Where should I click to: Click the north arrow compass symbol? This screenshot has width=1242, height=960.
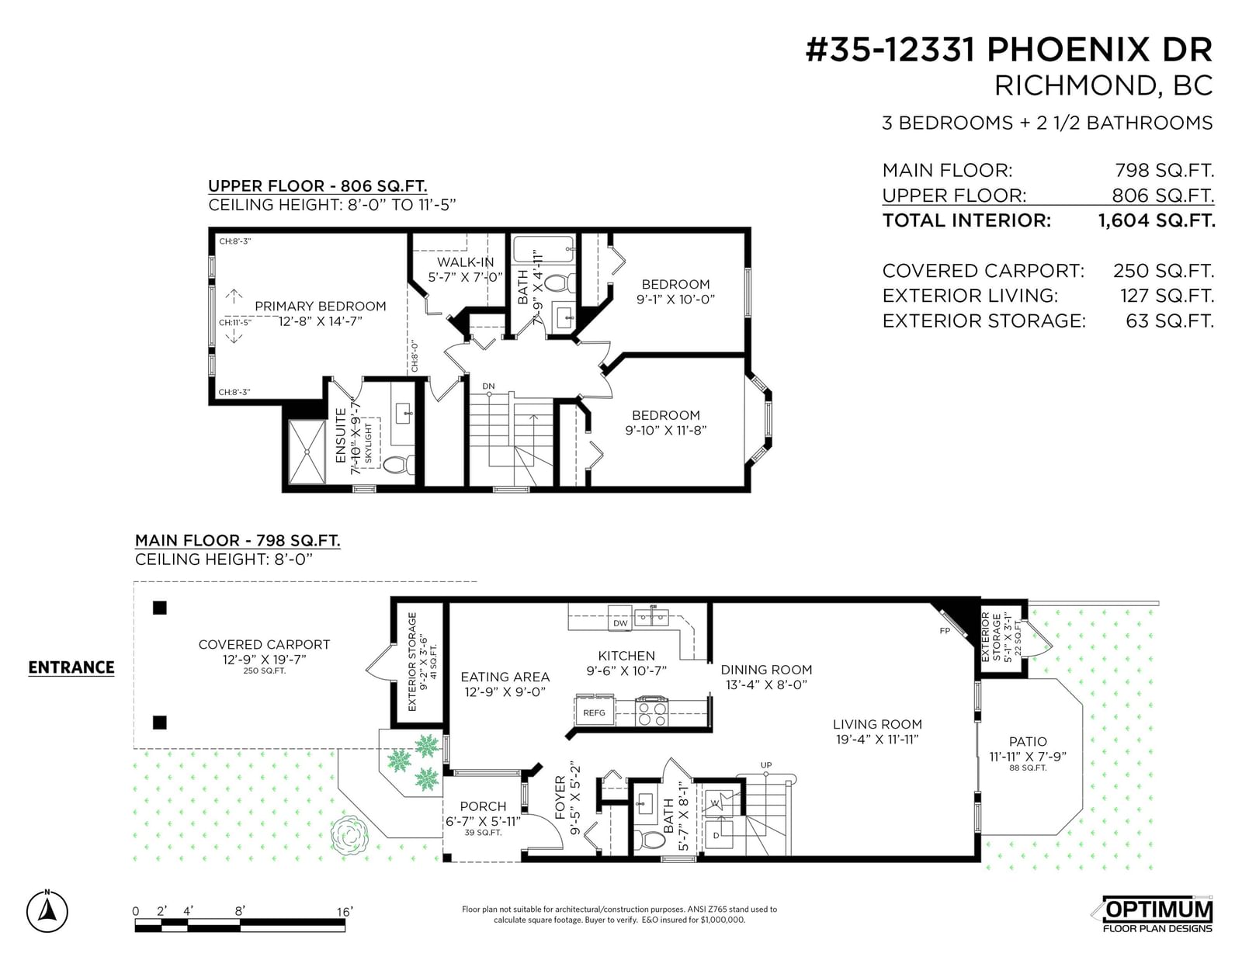coord(47,911)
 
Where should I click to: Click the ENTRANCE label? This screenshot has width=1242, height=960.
coord(71,667)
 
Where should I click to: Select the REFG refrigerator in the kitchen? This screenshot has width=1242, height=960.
coord(594,712)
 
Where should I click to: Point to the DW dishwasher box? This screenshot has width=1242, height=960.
coord(620,622)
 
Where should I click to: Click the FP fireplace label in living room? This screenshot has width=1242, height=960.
coord(944,631)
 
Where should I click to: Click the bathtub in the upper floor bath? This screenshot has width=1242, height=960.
coord(543,250)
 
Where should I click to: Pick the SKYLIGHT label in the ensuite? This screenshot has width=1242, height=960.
coord(368,442)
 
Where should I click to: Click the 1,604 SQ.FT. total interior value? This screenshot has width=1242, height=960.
coord(1157,220)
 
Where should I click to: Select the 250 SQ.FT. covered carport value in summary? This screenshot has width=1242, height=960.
coord(1164,271)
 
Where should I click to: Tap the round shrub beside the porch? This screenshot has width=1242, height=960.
coord(349,835)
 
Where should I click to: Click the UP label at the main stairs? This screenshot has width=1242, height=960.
coord(766,764)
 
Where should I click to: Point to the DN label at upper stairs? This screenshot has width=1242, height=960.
coord(488,386)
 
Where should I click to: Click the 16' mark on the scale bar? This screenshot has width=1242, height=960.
coord(345,911)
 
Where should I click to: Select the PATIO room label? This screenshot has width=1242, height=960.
coord(1028,741)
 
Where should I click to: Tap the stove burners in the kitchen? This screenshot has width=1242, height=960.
coord(652,712)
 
